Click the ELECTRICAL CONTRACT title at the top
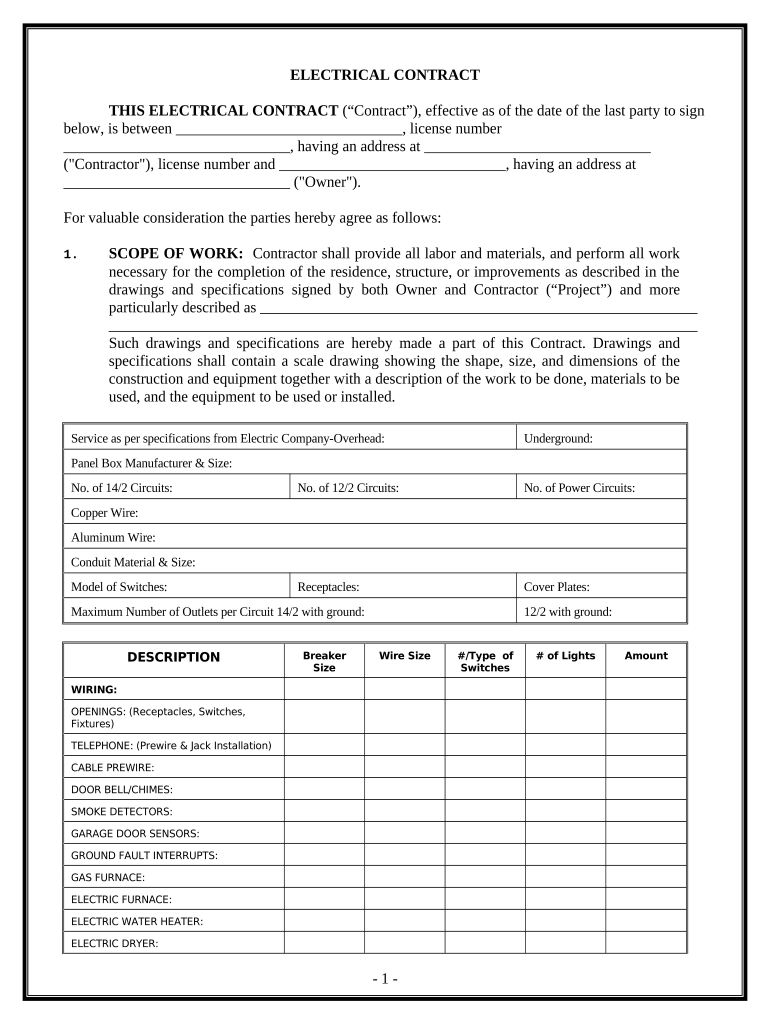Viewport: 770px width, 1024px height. [x=384, y=75]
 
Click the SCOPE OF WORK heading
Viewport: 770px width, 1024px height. [x=175, y=254]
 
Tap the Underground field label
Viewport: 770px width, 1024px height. [x=558, y=438]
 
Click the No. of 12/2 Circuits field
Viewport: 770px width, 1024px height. [x=348, y=488]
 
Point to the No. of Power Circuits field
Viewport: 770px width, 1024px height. [x=579, y=488]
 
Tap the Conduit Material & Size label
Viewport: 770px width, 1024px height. [x=133, y=562]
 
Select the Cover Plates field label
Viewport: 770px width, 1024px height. [x=556, y=587]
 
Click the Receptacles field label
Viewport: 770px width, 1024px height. [x=328, y=587]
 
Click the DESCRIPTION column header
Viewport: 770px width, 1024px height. [x=173, y=657]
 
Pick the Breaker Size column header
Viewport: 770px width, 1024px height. [x=324, y=661]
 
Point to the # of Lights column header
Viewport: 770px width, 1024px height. [x=565, y=656]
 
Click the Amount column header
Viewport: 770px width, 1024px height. [x=646, y=656]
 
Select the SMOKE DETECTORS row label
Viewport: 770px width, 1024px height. [x=121, y=811]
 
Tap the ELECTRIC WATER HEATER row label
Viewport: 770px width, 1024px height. [x=137, y=921]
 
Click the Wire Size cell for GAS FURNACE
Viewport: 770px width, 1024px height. [x=404, y=877]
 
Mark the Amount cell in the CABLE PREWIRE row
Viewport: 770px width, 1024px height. [x=646, y=767]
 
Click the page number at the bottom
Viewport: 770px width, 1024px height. [x=384, y=979]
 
